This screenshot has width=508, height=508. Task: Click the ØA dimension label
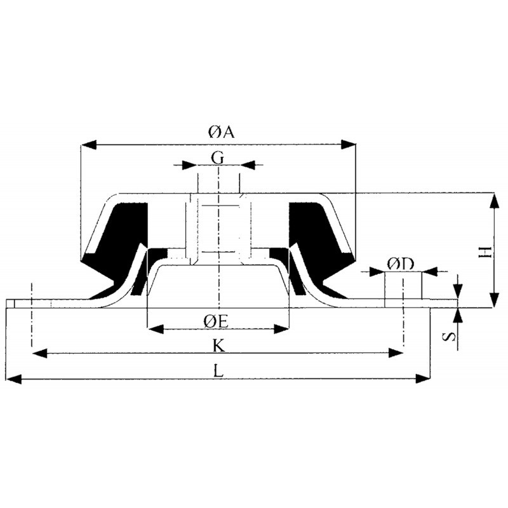pos(221,132)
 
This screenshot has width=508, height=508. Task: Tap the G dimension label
pos(217,159)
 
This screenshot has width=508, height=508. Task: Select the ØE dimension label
pos(216,321)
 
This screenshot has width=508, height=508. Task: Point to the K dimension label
pos(218,346)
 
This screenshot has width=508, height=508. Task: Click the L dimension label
pos(219,371)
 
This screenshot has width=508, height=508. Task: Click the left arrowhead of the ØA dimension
pos(89,145)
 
